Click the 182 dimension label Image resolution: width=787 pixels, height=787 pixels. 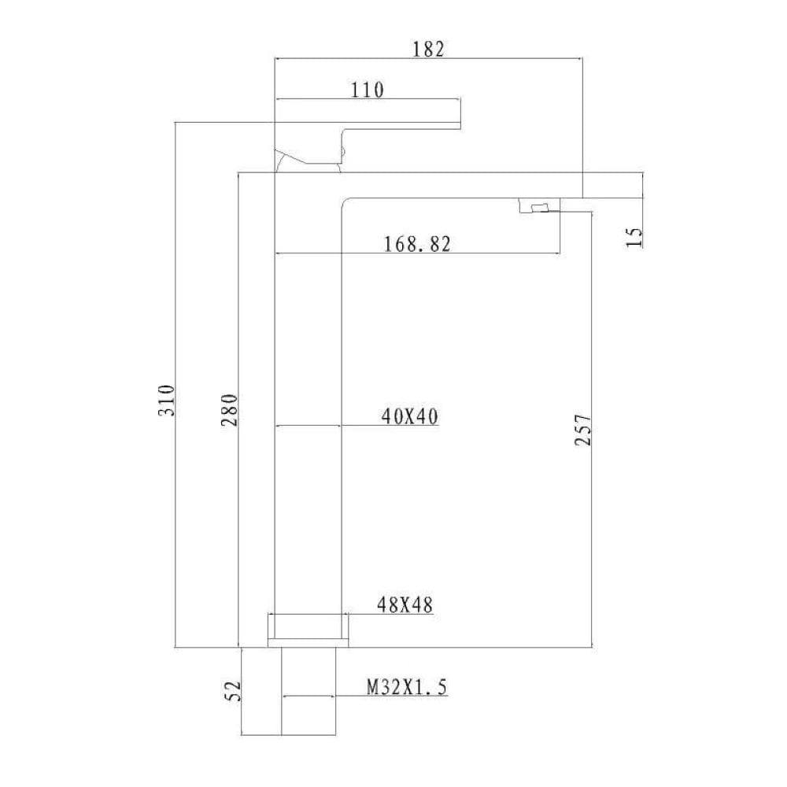[428, 49]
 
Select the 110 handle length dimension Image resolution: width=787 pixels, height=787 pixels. [367, 91]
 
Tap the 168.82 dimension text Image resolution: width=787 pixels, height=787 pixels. [417, 245]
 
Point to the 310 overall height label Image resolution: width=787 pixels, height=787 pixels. [166, 400]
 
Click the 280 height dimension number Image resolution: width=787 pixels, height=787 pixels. [229, 410]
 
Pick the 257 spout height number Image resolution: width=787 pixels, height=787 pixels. [583, 430]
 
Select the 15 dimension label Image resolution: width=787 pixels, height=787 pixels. [634, 237]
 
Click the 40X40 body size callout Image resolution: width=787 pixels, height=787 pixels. [409, 416]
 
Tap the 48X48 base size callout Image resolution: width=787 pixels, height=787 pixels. [405, 605]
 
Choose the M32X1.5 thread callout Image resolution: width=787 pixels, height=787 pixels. [407, 686]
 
